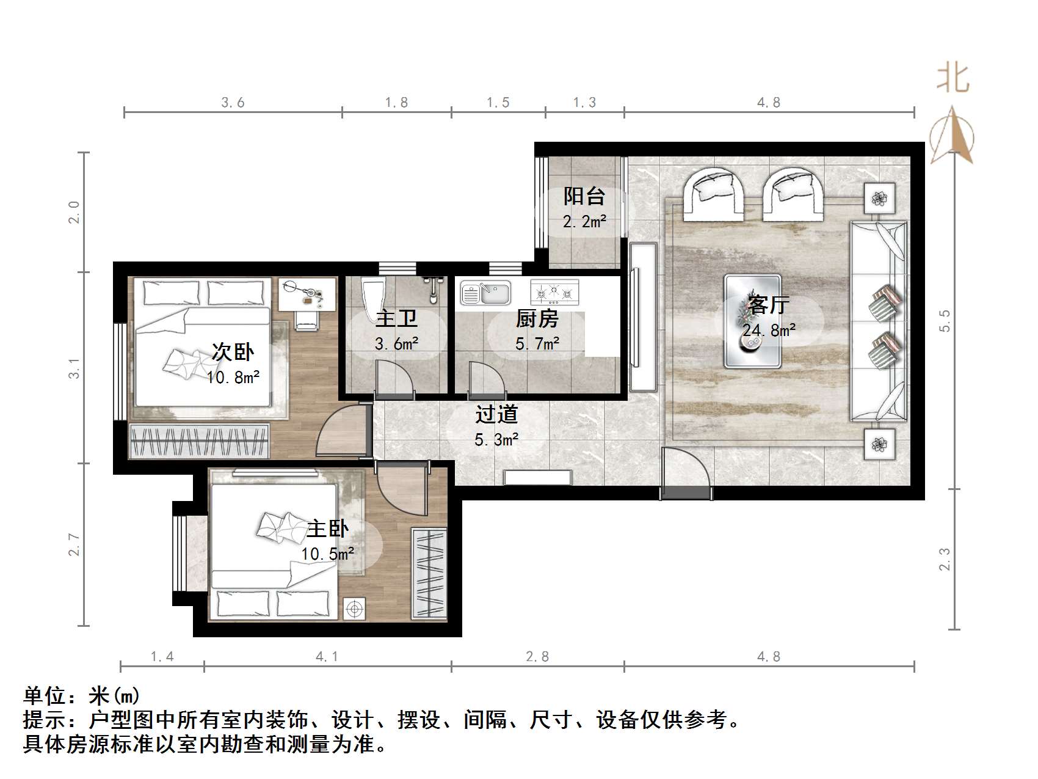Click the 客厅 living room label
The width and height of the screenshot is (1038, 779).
(x=768, y=304)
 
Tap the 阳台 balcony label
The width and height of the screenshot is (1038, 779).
(x=584, y=197)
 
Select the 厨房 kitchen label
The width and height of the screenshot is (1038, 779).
(x=537, y=319)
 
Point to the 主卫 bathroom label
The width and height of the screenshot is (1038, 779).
(x=396, y=319)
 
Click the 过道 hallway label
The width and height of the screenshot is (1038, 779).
(x=496, y=414)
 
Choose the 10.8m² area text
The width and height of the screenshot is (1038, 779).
(x=233, y=378)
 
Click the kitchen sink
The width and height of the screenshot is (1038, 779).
(x=486, y=293)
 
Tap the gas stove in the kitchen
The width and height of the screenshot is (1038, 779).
(x=554, y=293)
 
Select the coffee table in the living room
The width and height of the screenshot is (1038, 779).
(x=752, y=321)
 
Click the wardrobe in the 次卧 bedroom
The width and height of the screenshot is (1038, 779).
(x=199, y=441)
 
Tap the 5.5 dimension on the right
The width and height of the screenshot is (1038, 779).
(x=945, y=321)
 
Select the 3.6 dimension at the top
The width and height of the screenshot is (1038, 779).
(x=233, y=103)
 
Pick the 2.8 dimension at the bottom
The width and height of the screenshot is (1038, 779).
(x=537, y=657)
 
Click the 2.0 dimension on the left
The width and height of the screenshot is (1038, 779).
(x=74, y=212)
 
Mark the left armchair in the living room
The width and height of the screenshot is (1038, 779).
(x=714, y=194)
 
